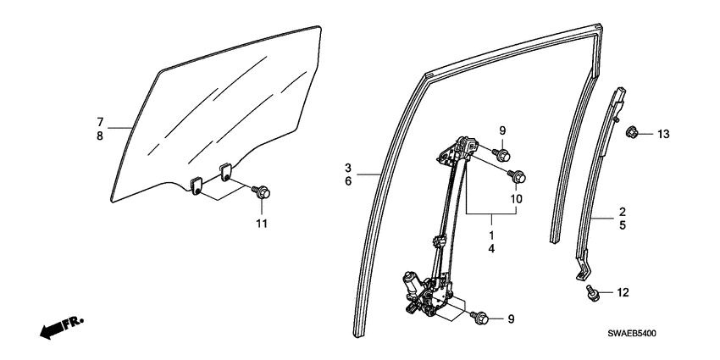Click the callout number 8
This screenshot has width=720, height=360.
[x=100, y=136]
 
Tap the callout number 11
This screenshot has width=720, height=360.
[x=262, y=223]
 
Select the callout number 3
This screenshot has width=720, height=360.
[x=348, y=167]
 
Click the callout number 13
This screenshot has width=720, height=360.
[x=662, y=134]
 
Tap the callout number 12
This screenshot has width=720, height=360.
[x=623, y=293]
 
